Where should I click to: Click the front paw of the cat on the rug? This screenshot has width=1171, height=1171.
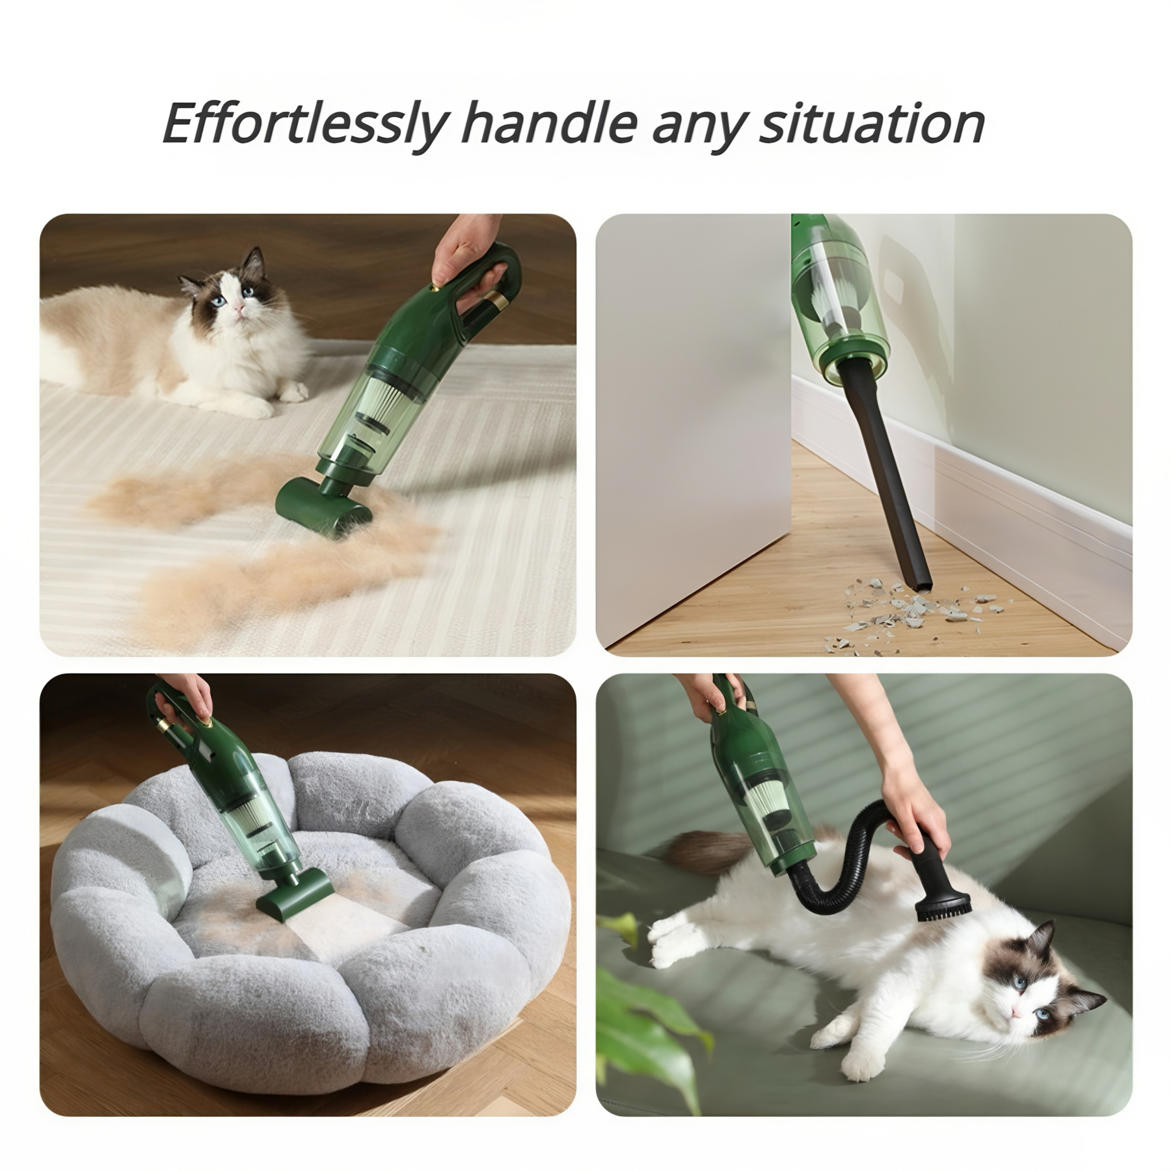(x=250, y=407)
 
